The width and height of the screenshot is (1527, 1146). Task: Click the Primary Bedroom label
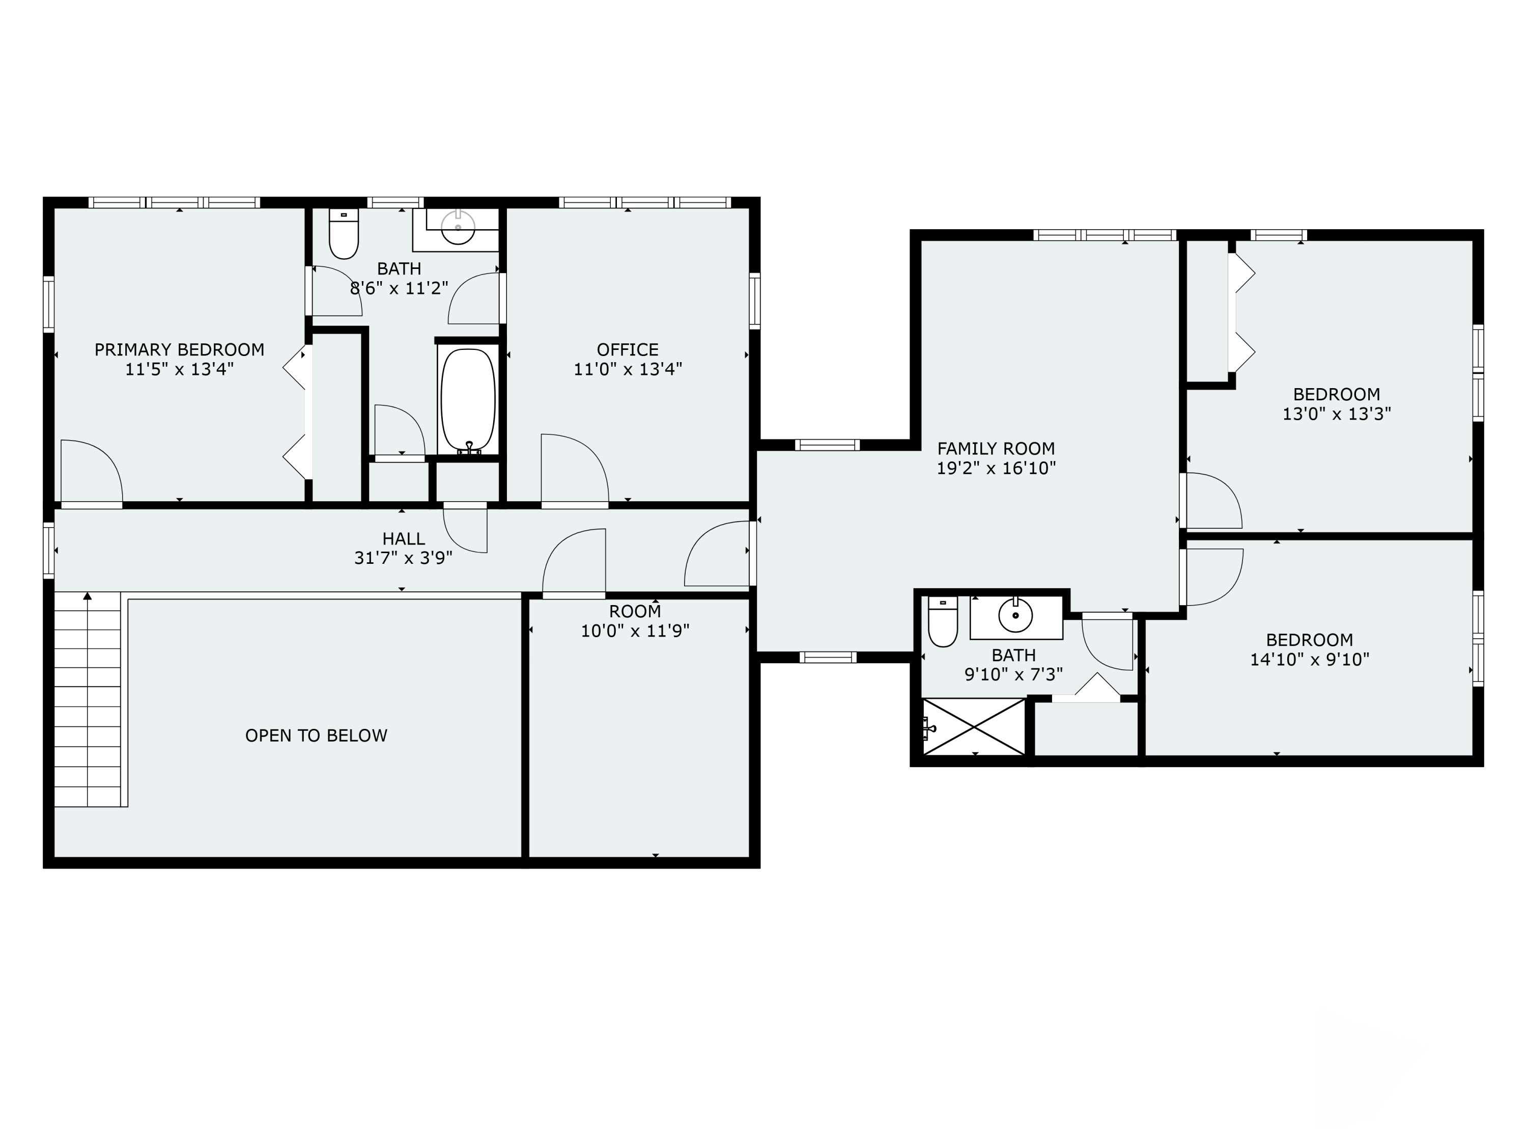pyautogui.click(x=180, y=349)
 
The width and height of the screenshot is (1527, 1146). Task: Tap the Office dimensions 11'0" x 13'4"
pyautogui.click(x=628, y=369)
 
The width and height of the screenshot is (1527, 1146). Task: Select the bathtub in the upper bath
pyautogui.click(x=468, y=400)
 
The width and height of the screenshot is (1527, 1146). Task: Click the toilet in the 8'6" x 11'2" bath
pyautogui.click(x=344, y=233)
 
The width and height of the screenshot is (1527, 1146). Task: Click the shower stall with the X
pyautogui.click(x=974, y=727)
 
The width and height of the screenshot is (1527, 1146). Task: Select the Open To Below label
pyautogui.click(x=316, y=735)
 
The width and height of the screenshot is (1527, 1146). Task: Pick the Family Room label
pyautogui.click(x=996, y=448)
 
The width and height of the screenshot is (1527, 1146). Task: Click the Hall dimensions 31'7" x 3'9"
pyautogui.click(x=403, y=557)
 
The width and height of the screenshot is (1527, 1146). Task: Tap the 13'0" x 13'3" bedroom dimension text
pyautogui.click(x=1337, y=414)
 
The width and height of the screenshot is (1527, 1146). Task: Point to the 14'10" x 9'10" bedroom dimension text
pyautogui.click(x=1310, y=659)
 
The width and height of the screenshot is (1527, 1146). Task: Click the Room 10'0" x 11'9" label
pyautogui.click(x=635, y=621)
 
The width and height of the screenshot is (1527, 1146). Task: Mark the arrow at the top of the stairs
pyautogui.click(x=88, y=596)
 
